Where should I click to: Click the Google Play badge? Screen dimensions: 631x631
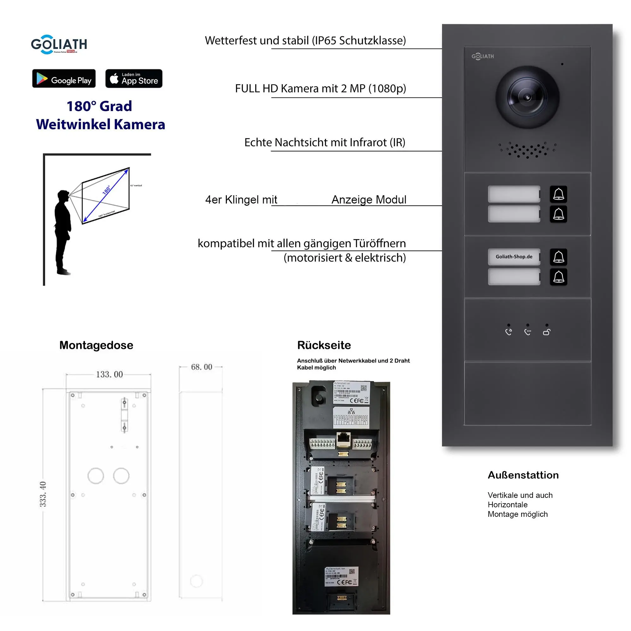64,78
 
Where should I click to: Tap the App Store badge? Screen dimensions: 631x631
133,78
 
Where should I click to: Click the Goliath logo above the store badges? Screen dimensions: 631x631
59,44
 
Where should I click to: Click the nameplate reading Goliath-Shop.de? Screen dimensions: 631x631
513,257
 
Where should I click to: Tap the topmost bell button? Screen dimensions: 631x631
558,194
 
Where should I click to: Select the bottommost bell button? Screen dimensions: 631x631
558,277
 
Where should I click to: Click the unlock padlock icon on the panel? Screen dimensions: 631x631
546,332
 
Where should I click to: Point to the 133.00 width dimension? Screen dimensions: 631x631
109,374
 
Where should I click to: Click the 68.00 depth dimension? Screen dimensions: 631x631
202,367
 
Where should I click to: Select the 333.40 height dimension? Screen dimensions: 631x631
43,494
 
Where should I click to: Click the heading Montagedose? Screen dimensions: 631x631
96,345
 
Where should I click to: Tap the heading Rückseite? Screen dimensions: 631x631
324,345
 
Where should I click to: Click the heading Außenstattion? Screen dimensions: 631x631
523,475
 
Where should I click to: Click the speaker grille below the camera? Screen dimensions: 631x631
527,150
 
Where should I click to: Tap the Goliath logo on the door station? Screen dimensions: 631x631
482,56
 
